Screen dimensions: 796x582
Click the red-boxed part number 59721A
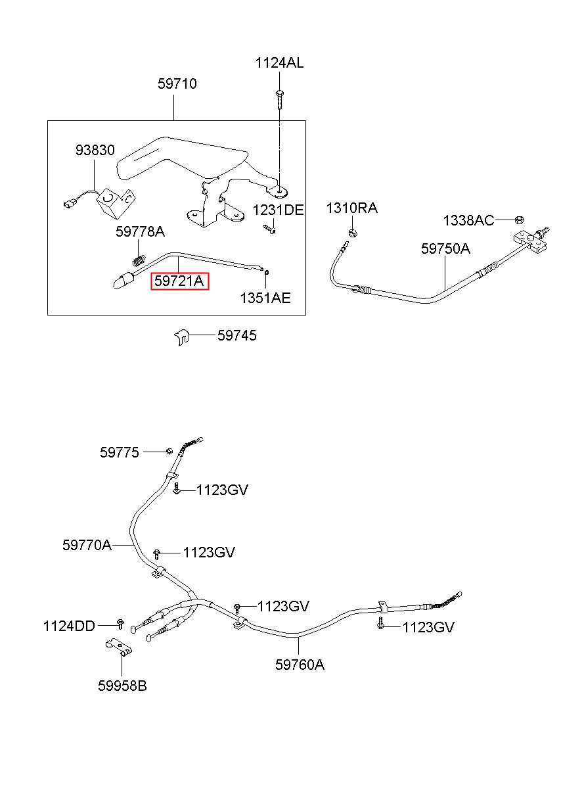coord(179,281)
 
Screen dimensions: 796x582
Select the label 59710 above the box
coord(177,84)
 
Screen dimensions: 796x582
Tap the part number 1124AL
coord(279,63)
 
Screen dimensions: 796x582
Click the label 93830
coord(94,150)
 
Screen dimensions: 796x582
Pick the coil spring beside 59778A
coord(139,260)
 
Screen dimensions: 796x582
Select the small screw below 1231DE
coord(269,229)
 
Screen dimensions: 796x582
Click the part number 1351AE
coord(265,298)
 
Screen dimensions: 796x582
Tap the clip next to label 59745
coord(182,337)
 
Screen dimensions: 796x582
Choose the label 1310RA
coord(352,208)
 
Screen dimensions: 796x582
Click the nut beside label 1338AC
coord(518,220)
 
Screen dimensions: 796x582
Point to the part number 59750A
coord(445,248)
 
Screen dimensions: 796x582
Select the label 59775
coord(120,452)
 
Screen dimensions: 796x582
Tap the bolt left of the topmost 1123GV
coord(177,490)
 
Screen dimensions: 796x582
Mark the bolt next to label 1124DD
coord(120,622)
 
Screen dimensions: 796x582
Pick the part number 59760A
coord(300,665)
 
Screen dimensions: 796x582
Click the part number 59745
coord(236,336)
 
